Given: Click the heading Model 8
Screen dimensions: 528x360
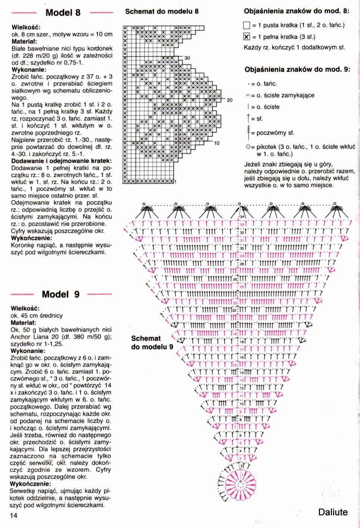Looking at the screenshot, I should pos(62,13).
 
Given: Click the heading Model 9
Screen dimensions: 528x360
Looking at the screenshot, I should pos(60,294).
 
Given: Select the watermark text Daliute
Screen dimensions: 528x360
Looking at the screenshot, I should pos(333,512).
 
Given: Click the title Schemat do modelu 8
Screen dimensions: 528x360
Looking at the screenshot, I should pos(162,11).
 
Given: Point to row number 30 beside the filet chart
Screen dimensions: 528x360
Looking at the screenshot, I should pos(187,58).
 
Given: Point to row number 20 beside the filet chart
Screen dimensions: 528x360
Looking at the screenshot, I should pos(229,100).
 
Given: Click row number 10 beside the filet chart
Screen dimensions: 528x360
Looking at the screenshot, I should pos(217,143).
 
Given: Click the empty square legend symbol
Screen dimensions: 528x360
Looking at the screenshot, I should pos(246,25).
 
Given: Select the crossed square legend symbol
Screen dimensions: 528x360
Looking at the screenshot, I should pos(246,37).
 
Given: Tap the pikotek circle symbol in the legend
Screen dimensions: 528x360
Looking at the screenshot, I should pos(248,147).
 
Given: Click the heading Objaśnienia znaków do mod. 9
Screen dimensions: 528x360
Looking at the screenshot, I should pos(297,69).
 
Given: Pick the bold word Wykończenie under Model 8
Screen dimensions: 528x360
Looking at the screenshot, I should pos(32,238).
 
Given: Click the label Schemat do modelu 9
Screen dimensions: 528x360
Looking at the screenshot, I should pos(152,342).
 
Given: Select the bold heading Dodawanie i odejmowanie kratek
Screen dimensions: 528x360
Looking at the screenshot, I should pos(61,161).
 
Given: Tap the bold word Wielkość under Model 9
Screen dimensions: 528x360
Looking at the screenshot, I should pos(25,308).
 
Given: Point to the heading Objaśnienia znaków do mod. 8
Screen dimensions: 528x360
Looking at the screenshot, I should pos(297,11).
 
